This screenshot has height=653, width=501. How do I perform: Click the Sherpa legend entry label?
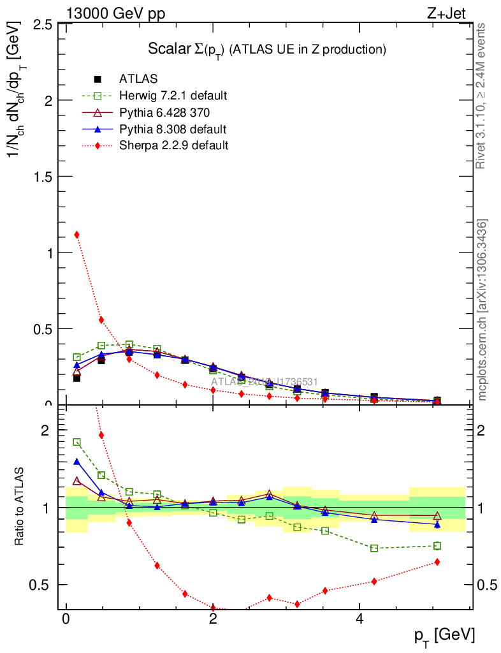pyautogui.click(x=173, y=145)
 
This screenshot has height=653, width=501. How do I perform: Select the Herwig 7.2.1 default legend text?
pyautogui.click(x=173, y=96)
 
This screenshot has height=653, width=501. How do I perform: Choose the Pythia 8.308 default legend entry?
pyautogui.click(x=172, y=129)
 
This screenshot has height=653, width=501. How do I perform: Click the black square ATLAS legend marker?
pyautogui.click(x=98, y=79)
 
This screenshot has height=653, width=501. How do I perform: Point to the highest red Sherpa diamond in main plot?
pyautogui.click(x=77, y=235)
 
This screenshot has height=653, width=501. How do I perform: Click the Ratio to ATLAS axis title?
pyautogui.click(x=19, y=507)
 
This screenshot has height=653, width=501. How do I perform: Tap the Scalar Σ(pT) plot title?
pyautogui.click(x=267, y=49)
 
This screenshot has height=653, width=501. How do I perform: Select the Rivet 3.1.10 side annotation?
pyautogui.click(x=482, y=96)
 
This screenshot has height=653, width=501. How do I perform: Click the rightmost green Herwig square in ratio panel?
pyautogui.click(x=437, y=546)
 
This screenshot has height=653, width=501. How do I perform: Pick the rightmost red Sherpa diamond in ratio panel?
pyautogui.click(x=437, y=562)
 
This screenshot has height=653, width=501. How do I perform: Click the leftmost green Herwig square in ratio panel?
pyautogui.click(x=77, y=442)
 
